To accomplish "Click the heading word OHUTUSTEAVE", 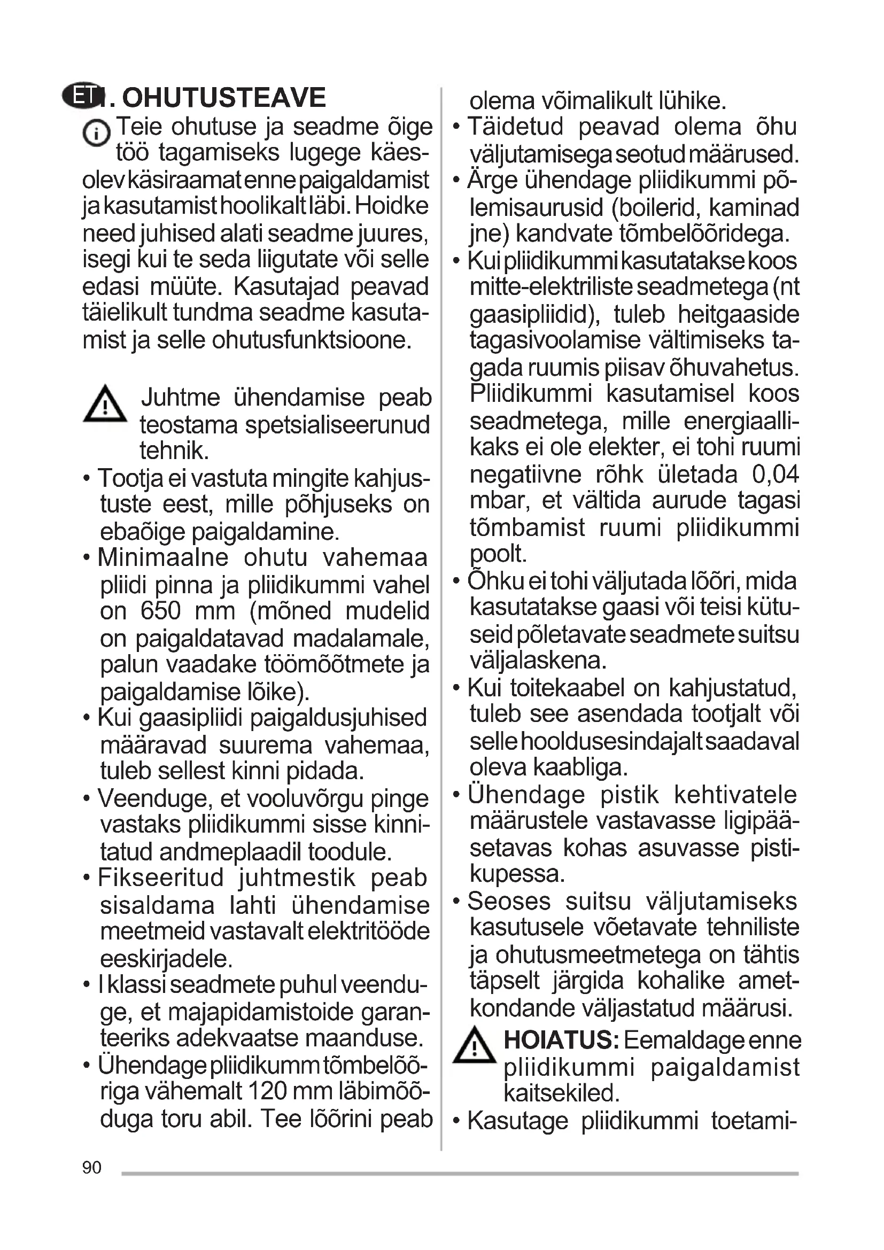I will coord(224,98).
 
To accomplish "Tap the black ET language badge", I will coord(82,97).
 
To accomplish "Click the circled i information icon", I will coord(96,133).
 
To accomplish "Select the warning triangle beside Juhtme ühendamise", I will coord(105,405).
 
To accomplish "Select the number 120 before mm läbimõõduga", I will coord(275,1091).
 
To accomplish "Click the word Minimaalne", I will coord(164,557).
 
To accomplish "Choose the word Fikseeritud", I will coord(161,878).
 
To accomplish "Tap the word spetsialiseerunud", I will coord(337,425).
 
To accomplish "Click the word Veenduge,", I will coord(156,798).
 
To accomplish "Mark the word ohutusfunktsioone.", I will coord(312,340).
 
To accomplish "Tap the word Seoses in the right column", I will coord(509,901).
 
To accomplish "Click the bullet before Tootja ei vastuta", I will coord(87,479).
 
